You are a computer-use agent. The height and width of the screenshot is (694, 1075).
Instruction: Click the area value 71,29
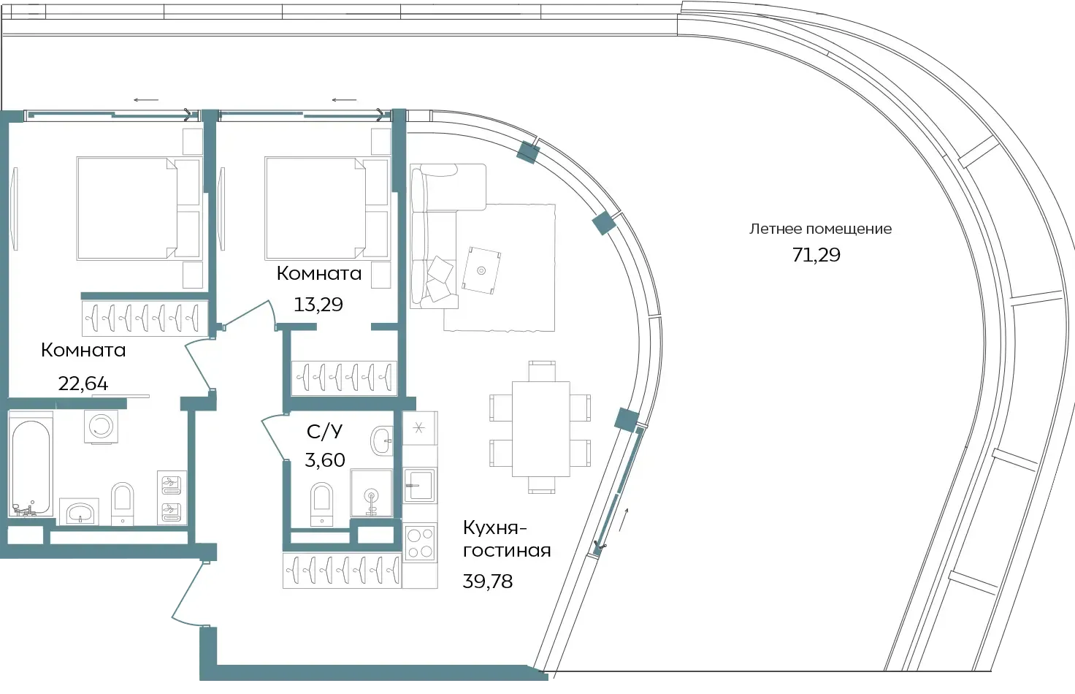point(816,255)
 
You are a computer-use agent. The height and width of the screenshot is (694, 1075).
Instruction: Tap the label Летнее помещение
point(820,229)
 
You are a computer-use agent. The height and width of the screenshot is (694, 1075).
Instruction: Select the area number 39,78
point(488,581)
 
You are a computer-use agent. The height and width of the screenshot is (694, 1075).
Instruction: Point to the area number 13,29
point(318,305)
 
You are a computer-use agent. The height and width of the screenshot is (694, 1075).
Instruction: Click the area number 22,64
point(83,383)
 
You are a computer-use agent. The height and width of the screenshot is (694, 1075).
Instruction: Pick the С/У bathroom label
point(324,432)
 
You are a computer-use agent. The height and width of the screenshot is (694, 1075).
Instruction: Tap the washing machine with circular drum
point(101,427)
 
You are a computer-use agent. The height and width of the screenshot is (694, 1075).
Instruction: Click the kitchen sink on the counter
point(419,485)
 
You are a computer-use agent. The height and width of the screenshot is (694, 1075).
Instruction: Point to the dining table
point(541,429)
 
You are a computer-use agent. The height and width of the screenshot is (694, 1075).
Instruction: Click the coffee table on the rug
point(481,270)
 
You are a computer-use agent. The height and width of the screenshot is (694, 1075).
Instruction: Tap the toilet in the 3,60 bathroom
point(321,504)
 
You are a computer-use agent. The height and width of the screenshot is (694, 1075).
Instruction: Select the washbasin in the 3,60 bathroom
point(382,440)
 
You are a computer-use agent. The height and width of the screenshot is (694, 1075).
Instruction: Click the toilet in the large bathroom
point(123,504)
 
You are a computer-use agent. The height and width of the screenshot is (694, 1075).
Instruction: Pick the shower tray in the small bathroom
point(371,493)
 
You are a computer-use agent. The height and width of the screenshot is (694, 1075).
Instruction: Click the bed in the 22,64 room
point(138,208)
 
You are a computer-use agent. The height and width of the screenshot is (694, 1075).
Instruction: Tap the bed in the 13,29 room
point(326,208)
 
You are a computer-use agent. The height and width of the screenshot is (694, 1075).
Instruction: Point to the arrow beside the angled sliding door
point(624,520)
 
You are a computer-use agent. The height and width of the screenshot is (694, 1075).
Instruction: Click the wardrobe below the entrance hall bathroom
point(342,571)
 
